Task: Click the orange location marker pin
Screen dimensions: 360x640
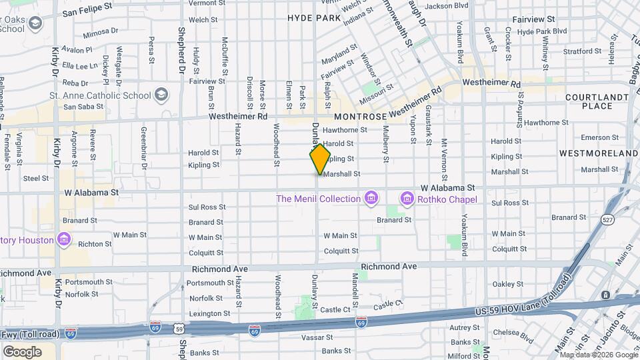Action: click(x=320, y=159)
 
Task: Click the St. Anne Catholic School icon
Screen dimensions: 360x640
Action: click(x=161, y=95)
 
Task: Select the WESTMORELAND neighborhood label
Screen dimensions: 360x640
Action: click(x=598, y=153)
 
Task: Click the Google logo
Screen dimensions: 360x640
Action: click(x=22, y=351)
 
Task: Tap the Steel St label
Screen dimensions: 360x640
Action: click(x=36, y=178)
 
